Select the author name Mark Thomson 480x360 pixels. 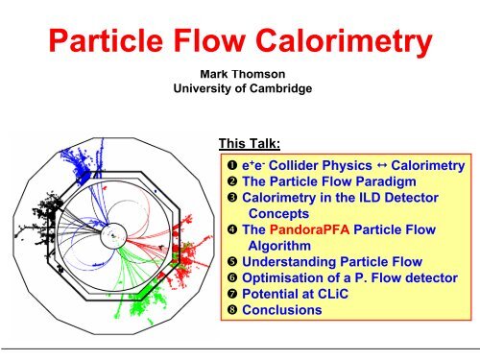pyautogui.click(x=238, y=73)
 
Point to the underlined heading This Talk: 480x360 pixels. pyautogui.click(x=250, y=144)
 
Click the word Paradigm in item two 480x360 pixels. pyautogui.click(x=361, y=181)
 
